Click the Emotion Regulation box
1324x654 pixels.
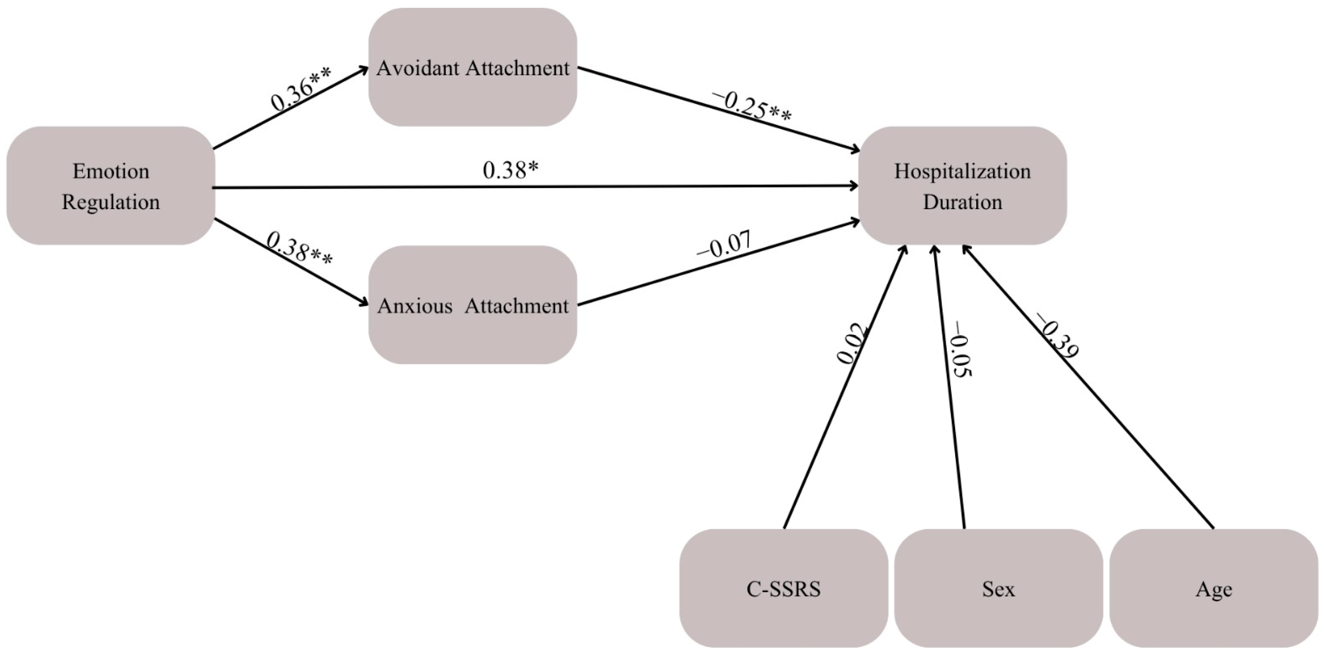111,185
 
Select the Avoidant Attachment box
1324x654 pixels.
473,67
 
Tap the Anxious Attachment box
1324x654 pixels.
473,305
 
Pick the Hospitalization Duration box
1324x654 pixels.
963,185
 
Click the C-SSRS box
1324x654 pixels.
784,589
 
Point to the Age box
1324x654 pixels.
1214,589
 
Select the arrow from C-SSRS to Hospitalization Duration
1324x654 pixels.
845,386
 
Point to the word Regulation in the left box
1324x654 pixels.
111,202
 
